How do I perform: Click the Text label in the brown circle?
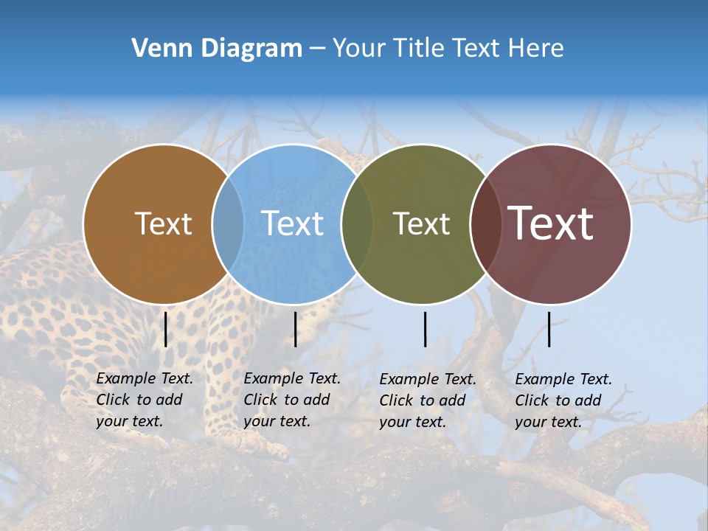163,223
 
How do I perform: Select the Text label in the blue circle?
293,223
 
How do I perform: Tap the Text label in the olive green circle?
422,223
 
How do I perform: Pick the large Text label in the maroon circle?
551,223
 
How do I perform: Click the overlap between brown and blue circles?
228,224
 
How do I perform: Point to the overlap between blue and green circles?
357,224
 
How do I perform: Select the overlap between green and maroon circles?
486,224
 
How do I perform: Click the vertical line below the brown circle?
166,329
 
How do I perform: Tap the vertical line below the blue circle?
295,329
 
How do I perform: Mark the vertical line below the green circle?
426,329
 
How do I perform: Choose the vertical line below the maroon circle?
549,329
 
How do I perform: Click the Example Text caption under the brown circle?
145,400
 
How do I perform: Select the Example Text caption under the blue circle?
292,400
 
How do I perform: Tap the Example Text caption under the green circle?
428,400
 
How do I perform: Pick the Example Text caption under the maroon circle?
563,400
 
